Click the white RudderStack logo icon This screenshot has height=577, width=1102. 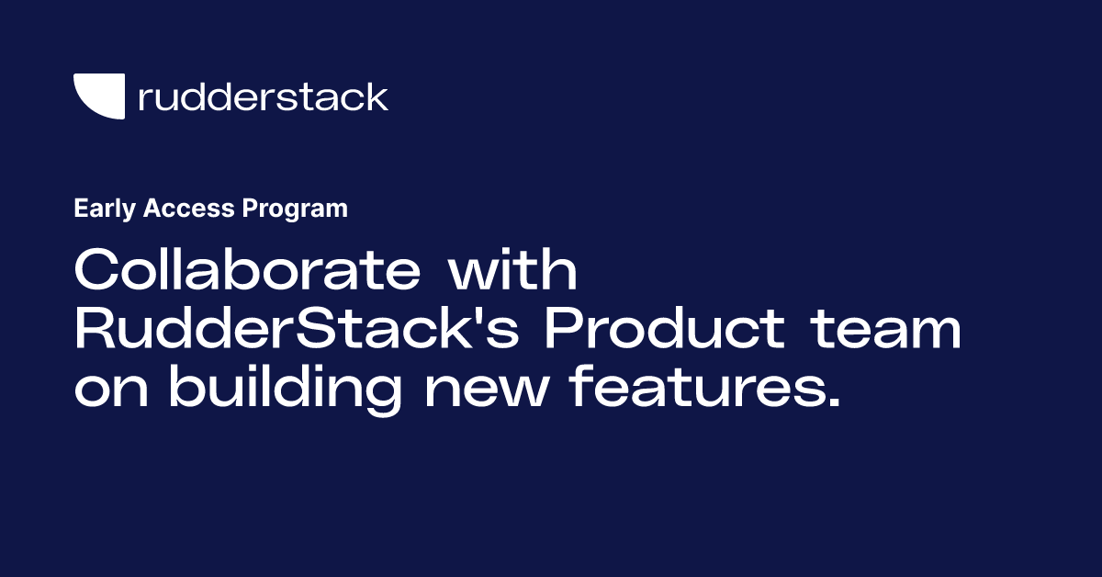[98, 96]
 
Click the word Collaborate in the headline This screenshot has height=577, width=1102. [247, 273]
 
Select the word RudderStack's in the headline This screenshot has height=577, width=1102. [299, 331]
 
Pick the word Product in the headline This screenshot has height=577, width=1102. [664, 331]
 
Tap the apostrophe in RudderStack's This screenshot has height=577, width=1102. [482, 317]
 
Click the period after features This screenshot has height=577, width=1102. [832, 404]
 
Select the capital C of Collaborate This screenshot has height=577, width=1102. [95, 273]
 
